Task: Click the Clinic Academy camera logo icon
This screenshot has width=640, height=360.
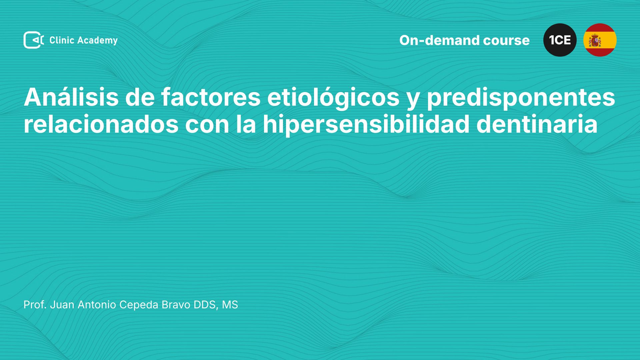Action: point(34,40)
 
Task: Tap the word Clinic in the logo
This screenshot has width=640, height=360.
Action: point(62,40)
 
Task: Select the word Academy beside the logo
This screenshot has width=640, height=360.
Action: point(97,41)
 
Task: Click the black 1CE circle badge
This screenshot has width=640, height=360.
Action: point(560,40)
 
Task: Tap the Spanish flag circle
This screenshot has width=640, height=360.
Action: point(600,40)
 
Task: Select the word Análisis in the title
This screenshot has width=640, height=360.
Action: point(71,97)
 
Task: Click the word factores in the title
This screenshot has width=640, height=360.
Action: point(211,97)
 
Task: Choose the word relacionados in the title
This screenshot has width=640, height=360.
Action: point(101,124)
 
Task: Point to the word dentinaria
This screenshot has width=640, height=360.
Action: point(537,124)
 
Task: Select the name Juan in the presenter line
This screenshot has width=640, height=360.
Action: point(62,305)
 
